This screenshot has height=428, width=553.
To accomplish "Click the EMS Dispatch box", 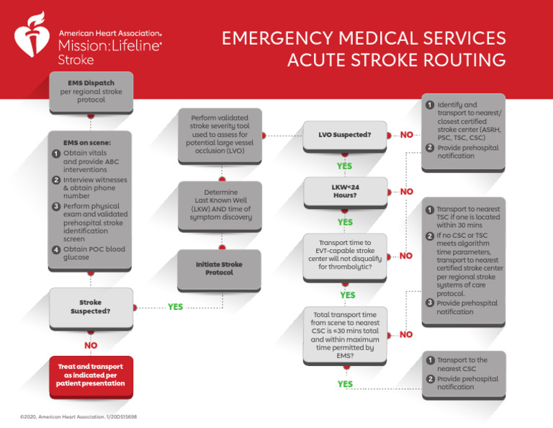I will tap(91, 92).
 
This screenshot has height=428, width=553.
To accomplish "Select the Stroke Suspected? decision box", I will tap(91, 306).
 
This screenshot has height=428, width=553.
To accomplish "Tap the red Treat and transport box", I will tap(91, 375).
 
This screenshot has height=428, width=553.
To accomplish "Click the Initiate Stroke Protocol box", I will tap(219, 269).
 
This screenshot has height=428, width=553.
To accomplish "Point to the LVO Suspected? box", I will tap(345, 135).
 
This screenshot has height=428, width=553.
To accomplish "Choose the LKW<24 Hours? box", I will tap(345, 192).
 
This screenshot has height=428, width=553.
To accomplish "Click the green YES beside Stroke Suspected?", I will tap(175, 307).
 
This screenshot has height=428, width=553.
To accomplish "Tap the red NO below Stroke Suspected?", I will tap(91, 345).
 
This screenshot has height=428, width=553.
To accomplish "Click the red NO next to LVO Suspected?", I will tap(407, 135).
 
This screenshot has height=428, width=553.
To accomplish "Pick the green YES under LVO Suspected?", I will tap(345, 166).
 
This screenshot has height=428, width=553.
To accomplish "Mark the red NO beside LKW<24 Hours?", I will tap(407, 192).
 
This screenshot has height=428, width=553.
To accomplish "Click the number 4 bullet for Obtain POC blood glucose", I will tap(56, 250).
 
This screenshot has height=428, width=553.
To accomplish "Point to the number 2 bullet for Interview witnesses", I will tap(56, 179).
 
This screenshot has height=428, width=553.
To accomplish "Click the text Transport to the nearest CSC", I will tap(462, 365).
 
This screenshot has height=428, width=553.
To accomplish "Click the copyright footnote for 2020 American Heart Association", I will tap(79, 417).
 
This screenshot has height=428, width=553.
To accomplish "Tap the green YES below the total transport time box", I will tap(345, 385).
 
